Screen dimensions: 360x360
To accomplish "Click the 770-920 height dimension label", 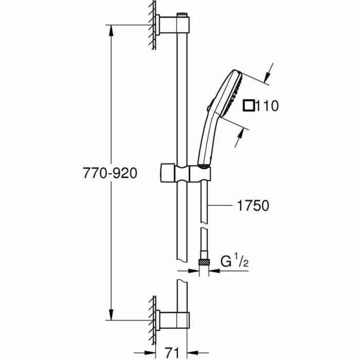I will (110, 173).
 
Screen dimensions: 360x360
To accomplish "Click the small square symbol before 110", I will (250, 106).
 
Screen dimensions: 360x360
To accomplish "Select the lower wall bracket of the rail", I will (167, 319).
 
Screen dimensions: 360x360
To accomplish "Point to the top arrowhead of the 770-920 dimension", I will (110, 29).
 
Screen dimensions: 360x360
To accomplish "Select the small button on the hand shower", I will (208, 107).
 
